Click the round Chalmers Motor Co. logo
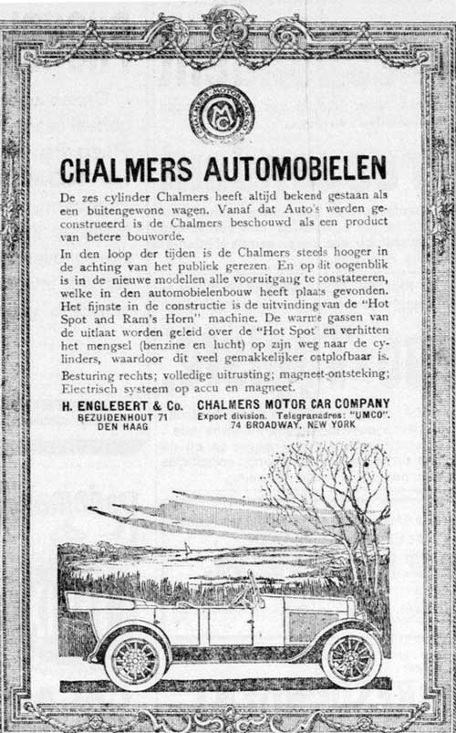[222, 113]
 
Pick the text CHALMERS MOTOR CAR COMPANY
[293, 403]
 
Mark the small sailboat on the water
[187, 550]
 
